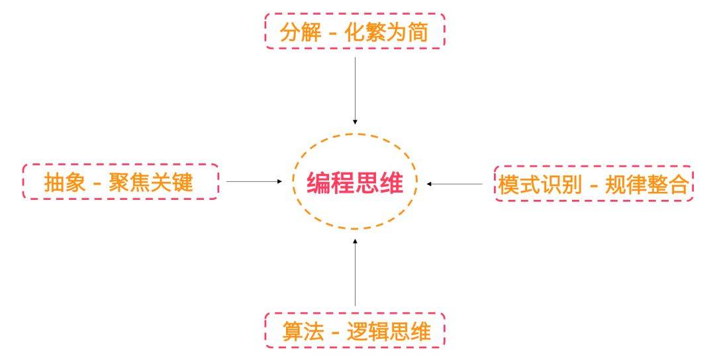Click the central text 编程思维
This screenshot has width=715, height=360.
click(355, 183)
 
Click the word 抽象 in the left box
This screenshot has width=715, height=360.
click(65, 182)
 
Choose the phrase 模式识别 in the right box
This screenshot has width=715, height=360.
click(540, 183)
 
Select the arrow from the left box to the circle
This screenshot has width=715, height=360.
click(254, 181)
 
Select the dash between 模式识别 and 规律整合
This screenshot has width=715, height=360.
click(593, 185)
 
